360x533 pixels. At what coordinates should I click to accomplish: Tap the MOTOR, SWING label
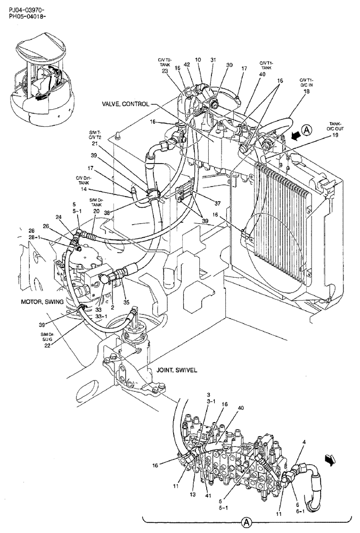(x=42, y=301)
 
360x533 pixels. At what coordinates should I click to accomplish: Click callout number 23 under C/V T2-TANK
(x=165, y=71)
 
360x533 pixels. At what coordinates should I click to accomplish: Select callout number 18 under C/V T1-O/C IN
(x=306, y=91)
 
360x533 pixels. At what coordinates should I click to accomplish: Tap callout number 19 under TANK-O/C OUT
(x=336, y=135)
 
